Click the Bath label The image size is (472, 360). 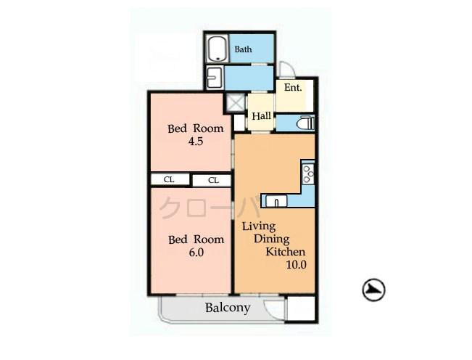(243, 50)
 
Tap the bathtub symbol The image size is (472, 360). (216, 50)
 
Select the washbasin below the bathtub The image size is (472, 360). (214, 76)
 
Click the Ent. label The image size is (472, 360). (293, 88)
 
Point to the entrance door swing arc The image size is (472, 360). (287, 70)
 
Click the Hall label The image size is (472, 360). (261, 115)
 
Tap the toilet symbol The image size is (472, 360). (305, 123)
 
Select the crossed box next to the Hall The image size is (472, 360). (236, 103)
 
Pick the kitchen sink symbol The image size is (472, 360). (276, 201)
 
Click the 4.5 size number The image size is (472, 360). (195, 142)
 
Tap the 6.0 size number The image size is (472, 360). (196, 253)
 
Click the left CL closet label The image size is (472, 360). (168, 179)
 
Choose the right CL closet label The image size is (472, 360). (213, 180)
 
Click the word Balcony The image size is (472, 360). (227, 308)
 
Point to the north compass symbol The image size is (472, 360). (373, 290)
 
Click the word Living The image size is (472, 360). (259, 226)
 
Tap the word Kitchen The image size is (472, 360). (286, 251)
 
